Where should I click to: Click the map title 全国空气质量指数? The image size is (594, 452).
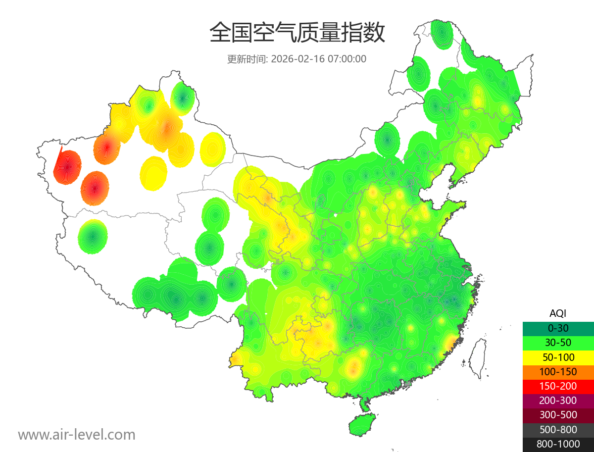pos(297,33)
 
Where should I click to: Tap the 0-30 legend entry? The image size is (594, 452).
pos(558,328)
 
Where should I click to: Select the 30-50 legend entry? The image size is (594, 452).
pos(558,343)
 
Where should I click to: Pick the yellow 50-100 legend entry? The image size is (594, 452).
pos(558,357)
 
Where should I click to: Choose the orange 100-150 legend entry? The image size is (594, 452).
pos(558,371)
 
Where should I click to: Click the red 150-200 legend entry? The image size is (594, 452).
pos(558,386)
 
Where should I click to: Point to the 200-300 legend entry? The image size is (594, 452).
pos(558,401)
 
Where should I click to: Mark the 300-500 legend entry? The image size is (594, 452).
pos(558,415)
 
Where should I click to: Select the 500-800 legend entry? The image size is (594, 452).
pos(558,429)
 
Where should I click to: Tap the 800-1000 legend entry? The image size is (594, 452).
pos(558,444)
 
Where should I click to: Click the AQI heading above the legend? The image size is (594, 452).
pos(558,313)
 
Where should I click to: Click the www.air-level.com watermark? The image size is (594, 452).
pos(77,435)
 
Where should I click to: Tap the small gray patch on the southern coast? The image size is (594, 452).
pos(408,383)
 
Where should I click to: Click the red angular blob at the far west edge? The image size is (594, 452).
pos(66,166)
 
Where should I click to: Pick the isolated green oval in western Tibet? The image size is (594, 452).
pos(93,237)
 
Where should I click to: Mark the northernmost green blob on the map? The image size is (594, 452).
pos(441,34)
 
